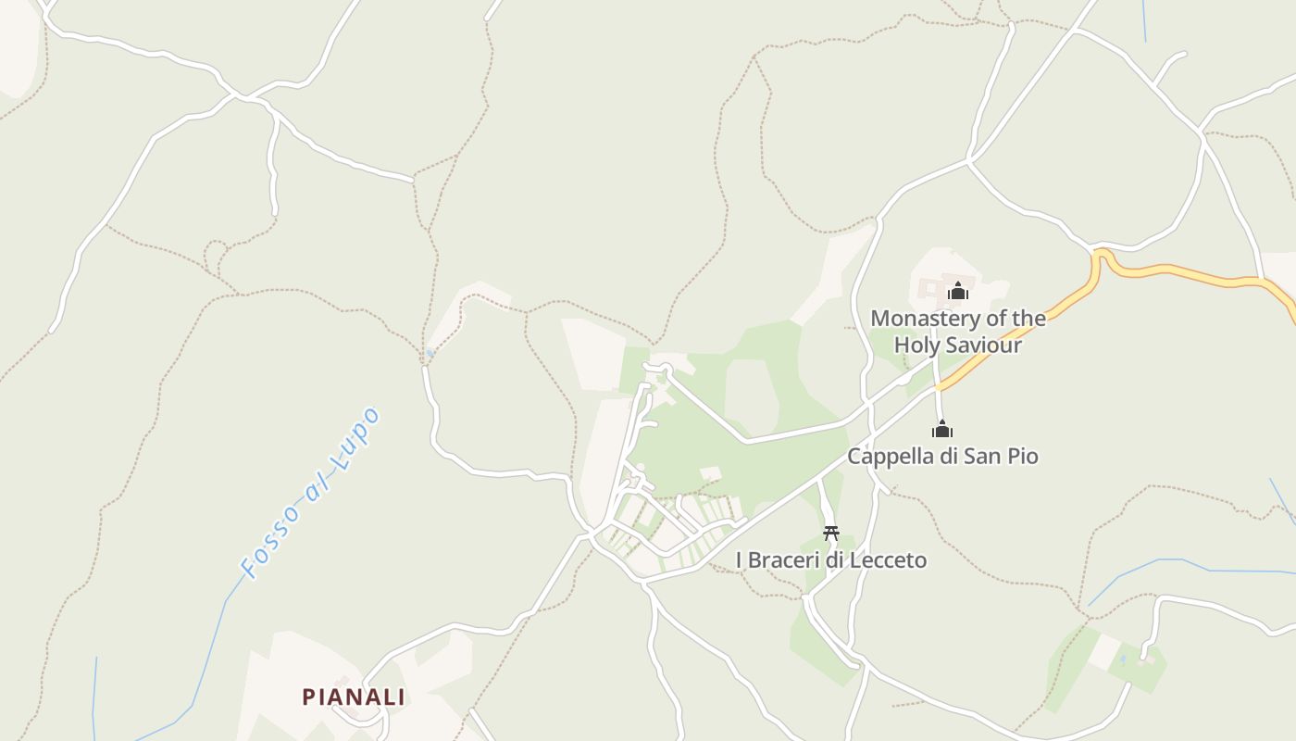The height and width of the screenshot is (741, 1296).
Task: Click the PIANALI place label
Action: [x=354, y=697]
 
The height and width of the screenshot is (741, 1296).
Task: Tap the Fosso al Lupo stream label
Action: [x=310, y=493]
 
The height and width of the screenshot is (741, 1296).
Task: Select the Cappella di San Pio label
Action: [x=942, y=457]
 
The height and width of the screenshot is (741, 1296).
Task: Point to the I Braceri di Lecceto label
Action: [x=830, y=560]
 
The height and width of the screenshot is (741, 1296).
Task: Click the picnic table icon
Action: [x=831, y=533]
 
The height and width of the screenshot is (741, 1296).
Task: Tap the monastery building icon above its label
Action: [x=958, y=291]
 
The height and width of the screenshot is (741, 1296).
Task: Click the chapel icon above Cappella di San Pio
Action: [x=942, y=429]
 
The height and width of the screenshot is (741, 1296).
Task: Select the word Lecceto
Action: [x=891, y=560]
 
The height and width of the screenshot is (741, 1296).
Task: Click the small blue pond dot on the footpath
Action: [x=430, y=353]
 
